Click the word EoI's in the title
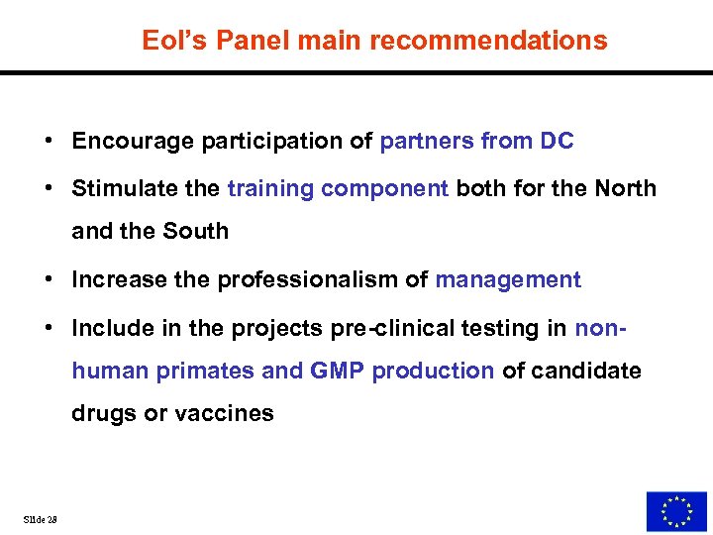tap(172, 41)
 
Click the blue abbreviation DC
tap(557, 142)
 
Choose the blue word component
tap(385, 189)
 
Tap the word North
tap(625, 189)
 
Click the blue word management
tap(508, 280)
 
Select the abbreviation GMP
tap(338, 372)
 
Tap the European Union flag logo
tap(676, 511)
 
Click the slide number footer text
tap(41, 519)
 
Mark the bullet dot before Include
tap(49, 328)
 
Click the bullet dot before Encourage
tap(49, 142)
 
